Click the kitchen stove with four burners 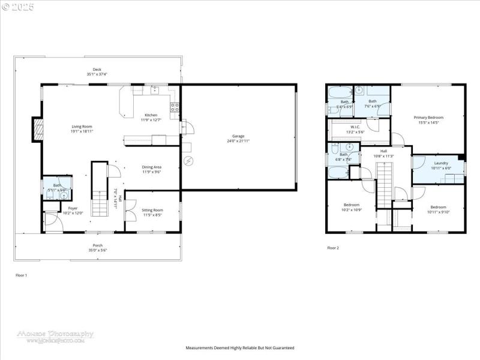click(x=175, y=108)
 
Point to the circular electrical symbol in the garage click(x=189, y=160)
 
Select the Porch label click(x=97, y=245)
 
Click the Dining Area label click(x=151, y=169)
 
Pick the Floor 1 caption click(x=21, y=275)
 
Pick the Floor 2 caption click(x=333, y=247)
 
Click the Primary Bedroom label click(x=428, y=119)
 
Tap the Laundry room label click(x=441, y=164)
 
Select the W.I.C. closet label click(x=356, y=128)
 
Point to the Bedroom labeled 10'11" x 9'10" click(x=438, y=209)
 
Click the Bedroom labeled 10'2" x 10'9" click(x=351, y=206)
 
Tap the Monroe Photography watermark click(x=55, y=335)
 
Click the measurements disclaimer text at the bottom click(x=240, y=347)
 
